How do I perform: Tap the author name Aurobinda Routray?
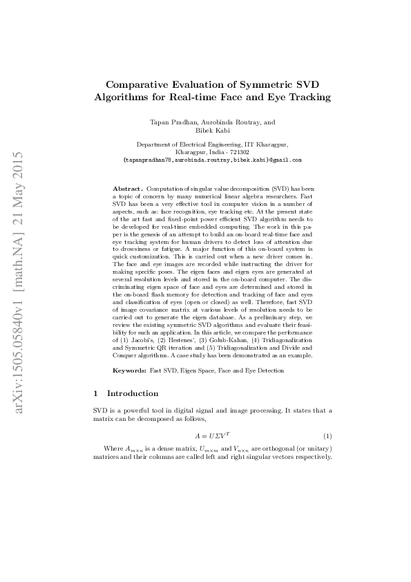click(x=226, y=122)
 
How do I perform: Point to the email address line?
click(x=212, y=160)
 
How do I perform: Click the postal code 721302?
click(x=239, y=152)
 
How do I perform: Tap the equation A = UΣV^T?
click(x=212, y=437)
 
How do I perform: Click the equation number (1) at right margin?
click(x=327, y=437)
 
